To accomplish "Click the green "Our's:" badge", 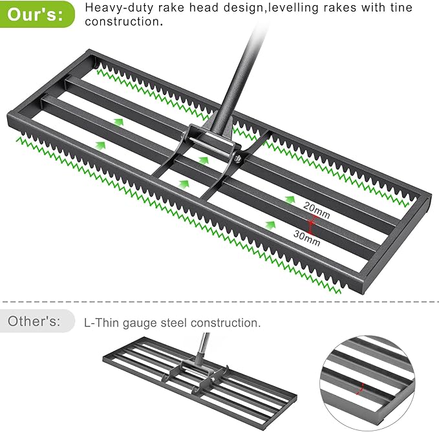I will tap(37, 14).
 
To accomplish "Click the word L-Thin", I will tap(101, 322).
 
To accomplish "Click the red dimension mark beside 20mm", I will tap(312, 223).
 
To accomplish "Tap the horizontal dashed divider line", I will tap(219, 302).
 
